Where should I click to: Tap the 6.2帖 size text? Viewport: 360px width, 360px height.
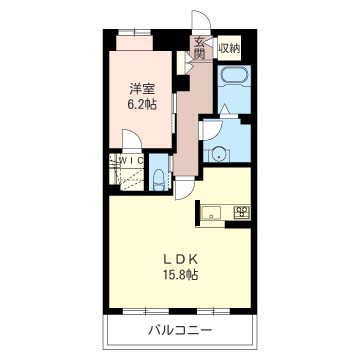[x=142, y=103]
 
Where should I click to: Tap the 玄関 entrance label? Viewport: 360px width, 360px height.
[x=200, y=47]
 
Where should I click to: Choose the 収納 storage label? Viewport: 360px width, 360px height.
[x=229, y=47]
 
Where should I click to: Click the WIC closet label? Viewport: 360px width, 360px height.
[x=129, y=159]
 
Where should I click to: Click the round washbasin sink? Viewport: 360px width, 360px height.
[x=218, y=153]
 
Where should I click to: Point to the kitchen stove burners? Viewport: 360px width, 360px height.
[x=241, y=211]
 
